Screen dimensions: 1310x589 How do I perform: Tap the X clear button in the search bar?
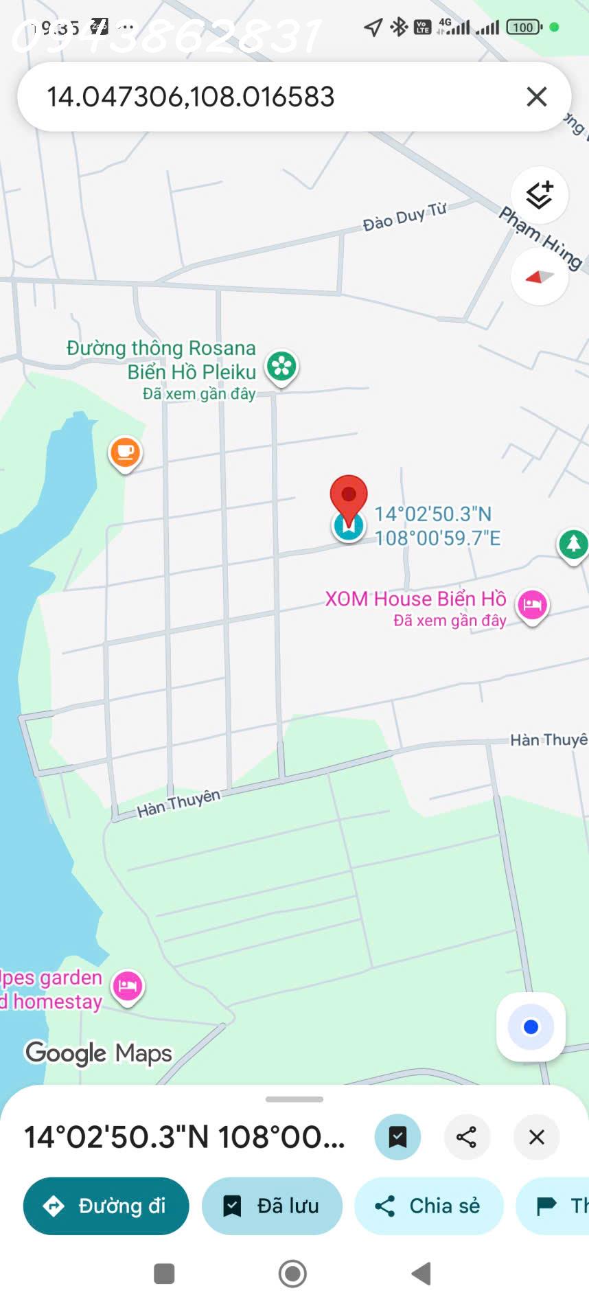point(537,97)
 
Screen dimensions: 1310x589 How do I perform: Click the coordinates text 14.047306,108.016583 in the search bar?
point(190,97)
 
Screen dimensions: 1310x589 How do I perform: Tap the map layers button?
point(540,196)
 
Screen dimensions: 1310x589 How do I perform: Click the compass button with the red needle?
point(540,277)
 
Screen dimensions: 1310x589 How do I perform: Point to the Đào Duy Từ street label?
point(404,216)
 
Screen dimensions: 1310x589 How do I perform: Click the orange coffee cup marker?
point(125,452)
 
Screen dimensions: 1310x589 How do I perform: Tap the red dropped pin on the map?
point(349,496)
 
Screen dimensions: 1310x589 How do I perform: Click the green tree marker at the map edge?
point(573,544)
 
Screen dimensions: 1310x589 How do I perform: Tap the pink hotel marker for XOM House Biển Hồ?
point(532,605)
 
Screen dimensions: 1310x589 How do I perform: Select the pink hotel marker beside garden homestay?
point(128,987)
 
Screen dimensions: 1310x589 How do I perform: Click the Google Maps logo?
point(99,1053)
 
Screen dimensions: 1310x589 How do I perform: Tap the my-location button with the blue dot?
point(531,1027)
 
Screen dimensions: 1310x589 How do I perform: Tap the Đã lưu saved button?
point(272,1206)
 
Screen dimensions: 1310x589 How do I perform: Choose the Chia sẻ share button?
point(428,1206)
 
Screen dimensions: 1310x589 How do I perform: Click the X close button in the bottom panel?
point(537,1137)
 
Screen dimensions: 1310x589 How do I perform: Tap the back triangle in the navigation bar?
point(421,1274)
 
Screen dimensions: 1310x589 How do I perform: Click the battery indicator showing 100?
point(524,27)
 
